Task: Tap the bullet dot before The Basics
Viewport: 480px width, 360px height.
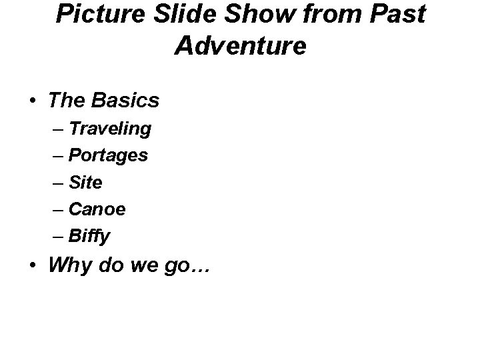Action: click(x=33, y=101)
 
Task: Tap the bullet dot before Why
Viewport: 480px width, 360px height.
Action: click(x=33, y=267)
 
